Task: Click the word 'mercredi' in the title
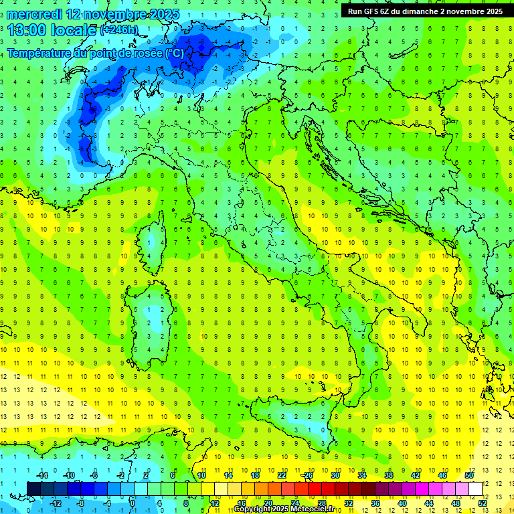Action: pos(33,14)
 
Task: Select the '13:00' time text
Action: pos(27,29)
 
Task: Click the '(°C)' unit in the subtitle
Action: pos(173,53)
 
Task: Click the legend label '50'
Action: pos(468,475)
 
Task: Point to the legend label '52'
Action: pos(482,503)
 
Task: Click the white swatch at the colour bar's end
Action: pos(475,489)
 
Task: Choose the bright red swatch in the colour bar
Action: pos(315,489)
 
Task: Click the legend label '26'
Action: pos(308,475)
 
